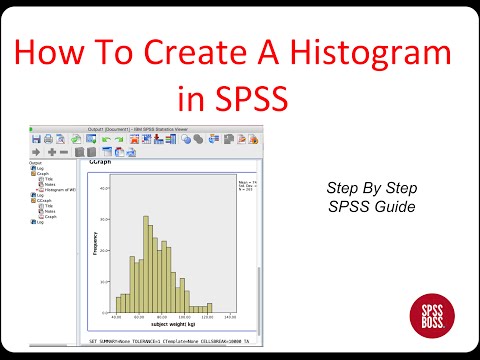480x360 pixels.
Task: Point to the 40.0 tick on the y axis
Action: point(102,187)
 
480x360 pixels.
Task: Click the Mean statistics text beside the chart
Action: point(246,183)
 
